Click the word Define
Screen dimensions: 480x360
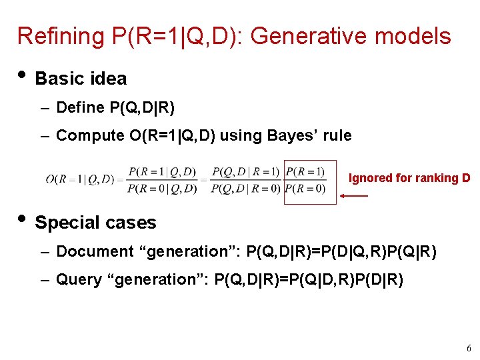click(x=81, y=107)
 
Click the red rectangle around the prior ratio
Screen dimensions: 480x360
click(x=310, y=181)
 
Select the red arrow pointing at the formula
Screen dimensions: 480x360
click(x=354, y=196)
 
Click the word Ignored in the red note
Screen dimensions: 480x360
click(x=371, y=178)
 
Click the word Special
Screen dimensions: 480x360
click(x=65, y=223)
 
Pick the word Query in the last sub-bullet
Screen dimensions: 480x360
click(x=79, y=279)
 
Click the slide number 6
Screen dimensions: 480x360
click(x=469, y=347)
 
